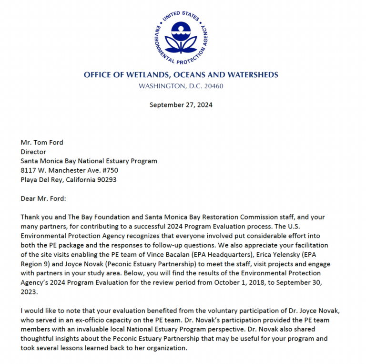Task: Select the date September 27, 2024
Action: [181, 105]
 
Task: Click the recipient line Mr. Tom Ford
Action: [41, 143]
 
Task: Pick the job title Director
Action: [33, 152]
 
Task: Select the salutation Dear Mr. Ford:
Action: [44, 198]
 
